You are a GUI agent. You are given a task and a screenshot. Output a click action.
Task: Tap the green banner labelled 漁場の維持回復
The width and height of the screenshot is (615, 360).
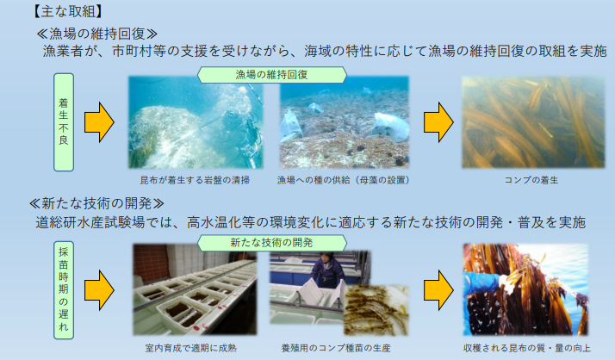271,75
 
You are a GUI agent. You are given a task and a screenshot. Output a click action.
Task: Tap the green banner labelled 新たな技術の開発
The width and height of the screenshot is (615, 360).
271,245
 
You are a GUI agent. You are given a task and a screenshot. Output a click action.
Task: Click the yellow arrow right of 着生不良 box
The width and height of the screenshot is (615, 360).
100,122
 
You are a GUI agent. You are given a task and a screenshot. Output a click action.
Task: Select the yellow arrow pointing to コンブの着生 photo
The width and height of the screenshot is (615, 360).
437,122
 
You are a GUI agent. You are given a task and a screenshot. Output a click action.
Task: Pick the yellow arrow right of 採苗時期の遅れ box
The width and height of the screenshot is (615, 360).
100,290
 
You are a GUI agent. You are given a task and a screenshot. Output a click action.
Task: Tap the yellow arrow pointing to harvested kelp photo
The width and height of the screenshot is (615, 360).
437,290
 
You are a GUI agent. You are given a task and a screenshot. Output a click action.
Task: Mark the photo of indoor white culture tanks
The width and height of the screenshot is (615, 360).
195,292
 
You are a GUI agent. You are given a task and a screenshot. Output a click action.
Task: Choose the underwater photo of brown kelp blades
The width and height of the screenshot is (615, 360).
525,122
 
